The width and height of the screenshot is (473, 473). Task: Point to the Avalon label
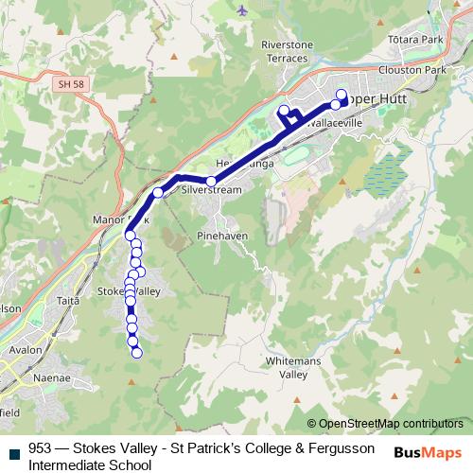(26, 349)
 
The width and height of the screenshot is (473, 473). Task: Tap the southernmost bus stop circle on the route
(137, 354)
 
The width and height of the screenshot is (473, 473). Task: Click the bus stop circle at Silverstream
(212, 181)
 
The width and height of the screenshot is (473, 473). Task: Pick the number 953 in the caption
(41, 448)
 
